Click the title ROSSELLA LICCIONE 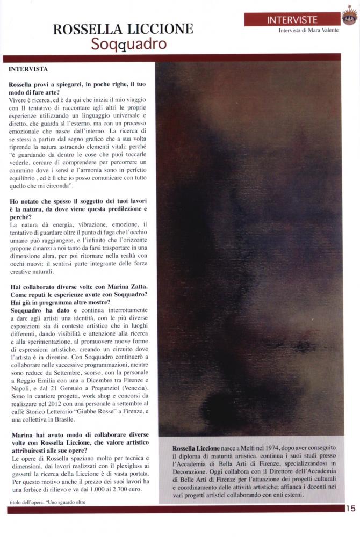[124, 29]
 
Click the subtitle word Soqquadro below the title [128, 44]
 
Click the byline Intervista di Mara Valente [308, 31]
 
